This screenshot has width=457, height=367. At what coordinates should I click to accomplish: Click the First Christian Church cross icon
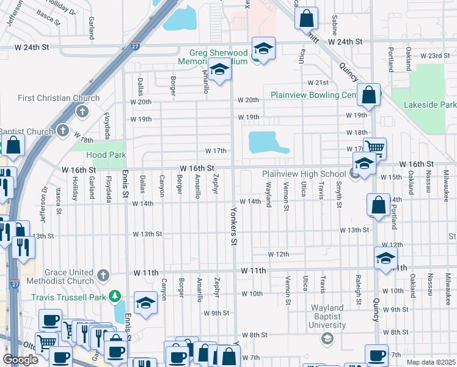(x=82, y=111)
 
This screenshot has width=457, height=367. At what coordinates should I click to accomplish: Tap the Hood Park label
(x=106, y=155)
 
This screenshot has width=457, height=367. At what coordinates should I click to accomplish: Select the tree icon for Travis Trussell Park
(x=114, y=297)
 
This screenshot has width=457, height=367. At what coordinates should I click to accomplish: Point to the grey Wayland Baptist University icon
(x=327, y=338)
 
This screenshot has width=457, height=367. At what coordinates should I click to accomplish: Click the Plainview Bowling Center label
(x=313, y=95)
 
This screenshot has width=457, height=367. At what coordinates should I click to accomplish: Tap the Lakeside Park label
(x=430, y=105)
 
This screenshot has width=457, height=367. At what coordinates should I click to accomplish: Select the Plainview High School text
(x=304, y=174)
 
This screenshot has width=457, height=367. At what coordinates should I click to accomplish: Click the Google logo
(x=20, y=359)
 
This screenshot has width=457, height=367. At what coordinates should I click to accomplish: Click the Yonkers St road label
(x=233, y=226)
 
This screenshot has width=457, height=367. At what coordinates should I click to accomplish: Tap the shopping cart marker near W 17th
(x=374, y=147)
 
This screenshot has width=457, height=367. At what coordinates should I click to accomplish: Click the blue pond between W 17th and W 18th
(x=267, y=144)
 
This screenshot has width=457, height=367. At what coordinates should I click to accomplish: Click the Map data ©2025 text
(x=430, y=362)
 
